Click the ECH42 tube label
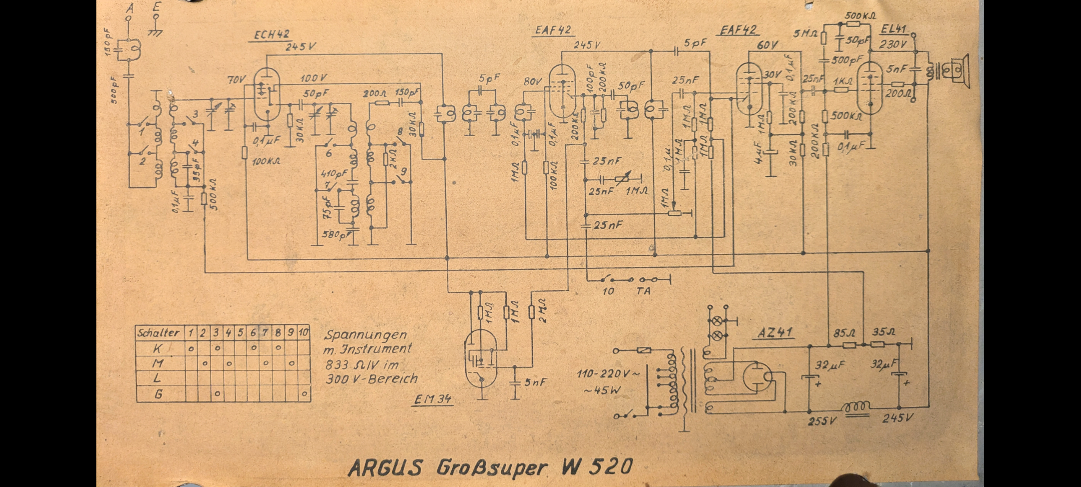272,35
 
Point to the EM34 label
432,400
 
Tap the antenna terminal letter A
131,8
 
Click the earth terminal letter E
156,8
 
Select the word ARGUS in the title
386,467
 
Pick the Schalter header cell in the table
159,333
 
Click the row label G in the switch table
159,395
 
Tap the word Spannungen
366,335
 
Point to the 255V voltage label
822,421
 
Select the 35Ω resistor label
884,333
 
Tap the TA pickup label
643,291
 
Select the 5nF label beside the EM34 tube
535,382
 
